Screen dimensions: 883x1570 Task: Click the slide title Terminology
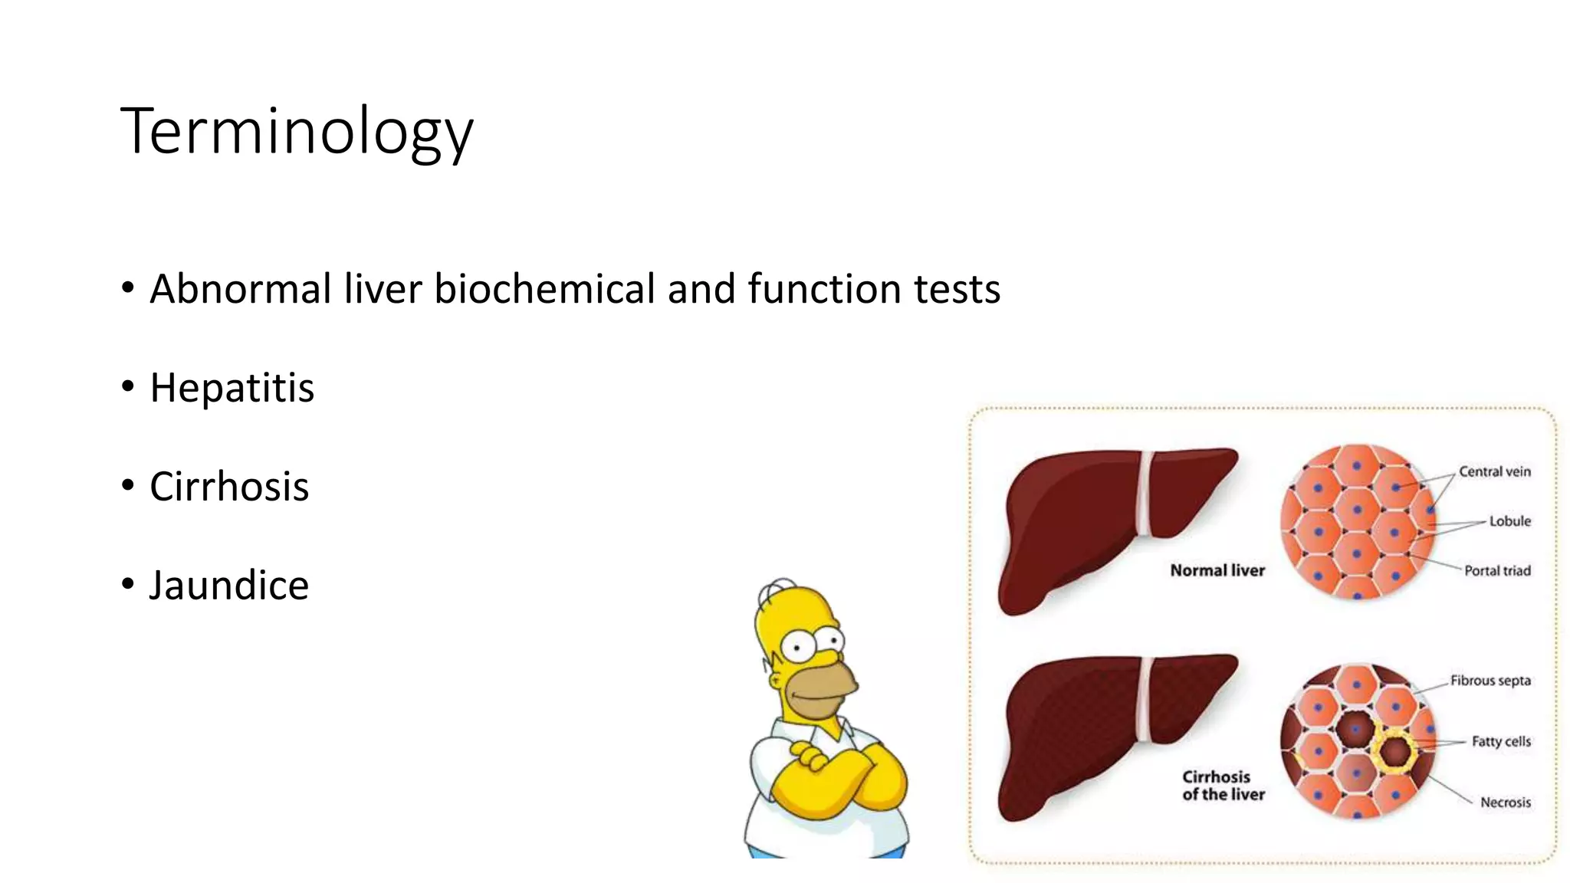(297, 132)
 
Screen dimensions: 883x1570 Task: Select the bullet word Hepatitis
(232, 388)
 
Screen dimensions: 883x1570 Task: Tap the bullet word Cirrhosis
(229, 487)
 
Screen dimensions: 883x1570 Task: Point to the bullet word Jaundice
(228, 586)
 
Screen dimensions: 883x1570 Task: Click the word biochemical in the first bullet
(544, 289)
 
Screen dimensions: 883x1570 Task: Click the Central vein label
(1494, 471)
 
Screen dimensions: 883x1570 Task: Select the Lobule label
(1509, 521)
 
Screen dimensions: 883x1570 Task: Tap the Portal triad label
(1496, 571)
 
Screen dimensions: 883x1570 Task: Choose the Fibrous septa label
(1490, 681)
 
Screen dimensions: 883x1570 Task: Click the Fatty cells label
(1500, 741)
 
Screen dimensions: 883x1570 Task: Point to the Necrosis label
(1505, 803)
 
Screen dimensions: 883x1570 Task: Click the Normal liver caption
(1217, 570)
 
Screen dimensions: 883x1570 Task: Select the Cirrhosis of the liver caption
(1222, 786)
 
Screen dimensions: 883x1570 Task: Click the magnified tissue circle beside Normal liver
(1357, 521)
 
